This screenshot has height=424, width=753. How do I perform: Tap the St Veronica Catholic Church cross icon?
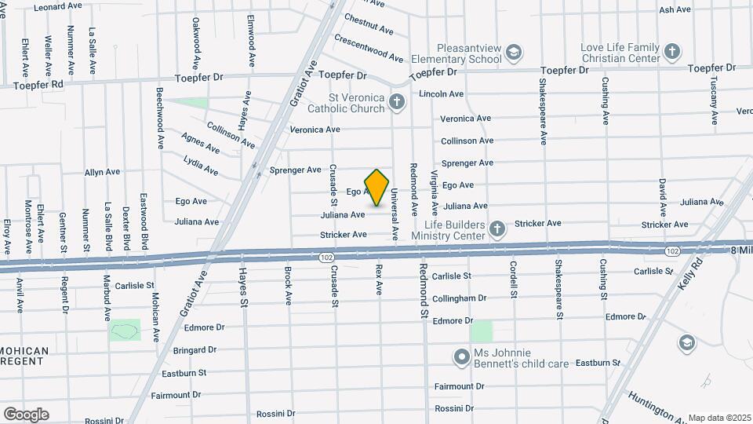click(397, 101)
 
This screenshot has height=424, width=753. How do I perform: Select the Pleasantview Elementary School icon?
click(513, 53)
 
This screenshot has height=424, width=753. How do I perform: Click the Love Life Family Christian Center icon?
click(671, 53)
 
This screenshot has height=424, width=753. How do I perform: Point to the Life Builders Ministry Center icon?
click(496, 229)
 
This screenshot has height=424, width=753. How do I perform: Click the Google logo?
click(26, 414)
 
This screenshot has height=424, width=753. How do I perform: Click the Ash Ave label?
click(675, 10)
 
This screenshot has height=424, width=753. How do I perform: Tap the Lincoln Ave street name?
click(442, 94)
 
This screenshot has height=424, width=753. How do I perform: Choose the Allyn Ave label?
click(102, 171)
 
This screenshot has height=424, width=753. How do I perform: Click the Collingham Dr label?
click(460, 298)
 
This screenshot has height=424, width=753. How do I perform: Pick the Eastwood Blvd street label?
click(144, 223)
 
